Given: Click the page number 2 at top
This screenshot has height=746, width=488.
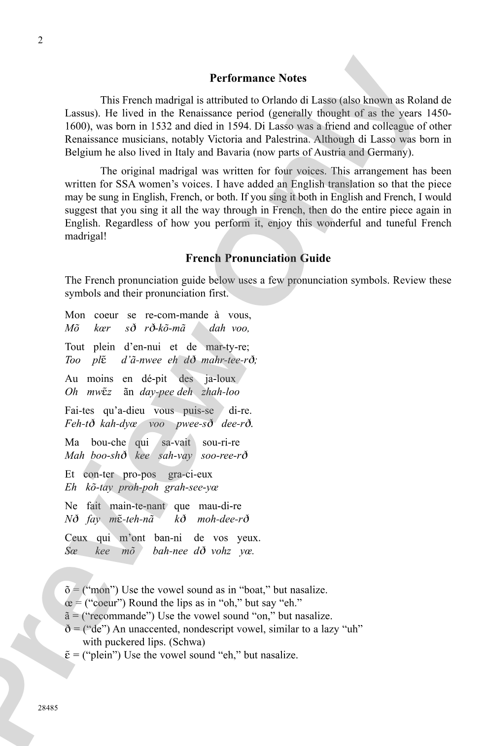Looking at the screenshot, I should click(x=40, y=40).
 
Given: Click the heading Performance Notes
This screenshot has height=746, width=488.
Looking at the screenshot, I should click(x=258, y=78).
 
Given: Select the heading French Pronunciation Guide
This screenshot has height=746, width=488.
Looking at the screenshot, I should click(x=258, y=258).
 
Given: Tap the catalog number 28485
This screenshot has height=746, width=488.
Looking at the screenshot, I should click(x=48, y=708).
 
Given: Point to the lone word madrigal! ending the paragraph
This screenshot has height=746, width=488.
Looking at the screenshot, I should click(x=86, y=236).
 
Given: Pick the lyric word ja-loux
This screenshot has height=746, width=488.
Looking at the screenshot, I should click(x=220, y=379).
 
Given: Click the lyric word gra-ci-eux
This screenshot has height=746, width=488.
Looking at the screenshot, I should click(x=190, y=474).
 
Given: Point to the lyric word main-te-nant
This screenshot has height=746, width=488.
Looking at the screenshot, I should click(x=138, y=506).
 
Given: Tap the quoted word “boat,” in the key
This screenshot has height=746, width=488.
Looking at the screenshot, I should click(x=256, y=590).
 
